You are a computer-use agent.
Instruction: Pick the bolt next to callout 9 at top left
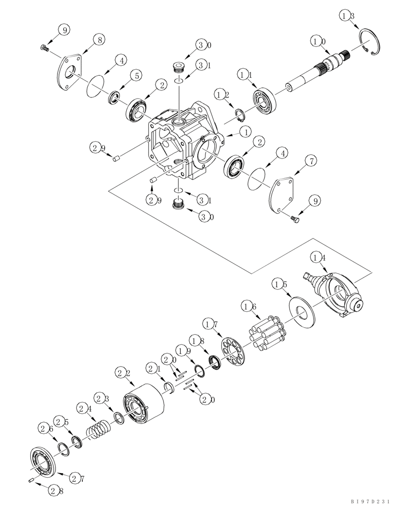tap(42, 48)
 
